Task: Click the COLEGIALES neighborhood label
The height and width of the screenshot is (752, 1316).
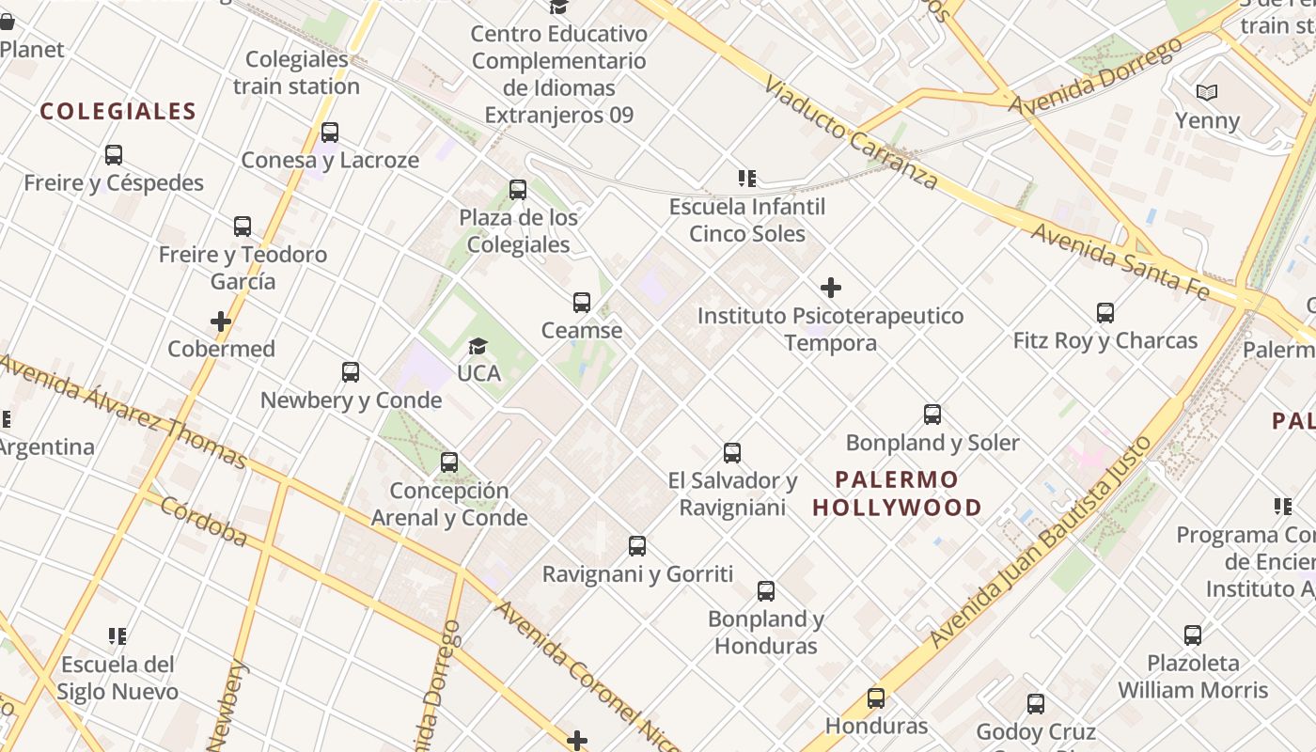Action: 118,112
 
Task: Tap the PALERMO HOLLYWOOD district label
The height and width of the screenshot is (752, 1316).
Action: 897,493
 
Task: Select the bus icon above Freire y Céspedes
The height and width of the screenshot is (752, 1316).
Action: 114,155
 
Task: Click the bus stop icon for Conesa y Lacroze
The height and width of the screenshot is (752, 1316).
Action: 330,133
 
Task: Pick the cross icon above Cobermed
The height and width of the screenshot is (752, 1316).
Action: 221,321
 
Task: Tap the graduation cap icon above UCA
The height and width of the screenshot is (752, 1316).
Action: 478,346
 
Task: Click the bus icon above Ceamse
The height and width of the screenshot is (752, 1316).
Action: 582,303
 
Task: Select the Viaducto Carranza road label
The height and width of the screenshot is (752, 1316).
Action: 851,131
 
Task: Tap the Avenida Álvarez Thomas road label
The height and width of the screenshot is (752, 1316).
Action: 123,411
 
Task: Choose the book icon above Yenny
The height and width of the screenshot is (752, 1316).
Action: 1207,93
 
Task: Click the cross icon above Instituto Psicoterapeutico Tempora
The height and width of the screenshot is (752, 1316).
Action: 831,288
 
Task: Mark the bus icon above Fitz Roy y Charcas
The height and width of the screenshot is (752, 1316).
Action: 1105,313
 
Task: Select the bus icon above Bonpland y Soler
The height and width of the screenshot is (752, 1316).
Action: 932,415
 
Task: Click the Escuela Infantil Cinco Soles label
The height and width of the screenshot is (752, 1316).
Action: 747,220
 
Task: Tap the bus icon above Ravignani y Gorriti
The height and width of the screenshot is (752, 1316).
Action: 637,546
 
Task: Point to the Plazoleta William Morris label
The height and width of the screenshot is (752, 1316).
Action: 1193,676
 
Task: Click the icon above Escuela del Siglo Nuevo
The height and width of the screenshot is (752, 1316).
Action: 117,636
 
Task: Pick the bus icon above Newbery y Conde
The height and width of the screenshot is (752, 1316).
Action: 351,372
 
